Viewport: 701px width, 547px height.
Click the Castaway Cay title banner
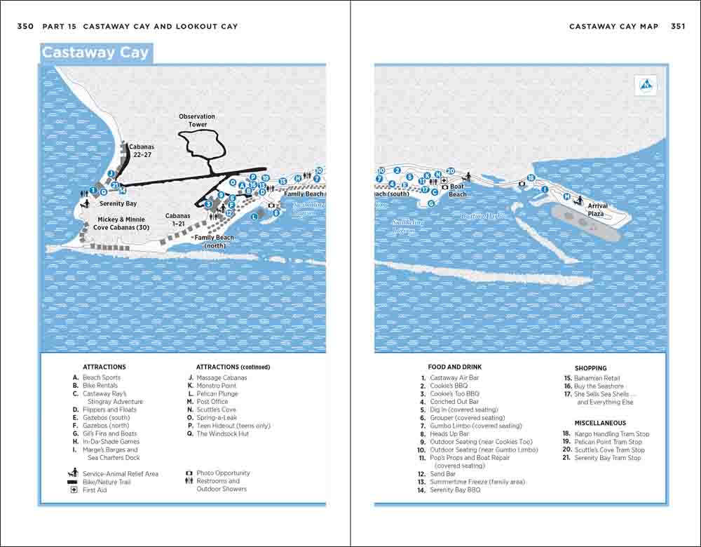(x=95, y=53)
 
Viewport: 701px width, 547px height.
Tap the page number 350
(x=25, y=27)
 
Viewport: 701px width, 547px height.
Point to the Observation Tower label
(x=197, y=121)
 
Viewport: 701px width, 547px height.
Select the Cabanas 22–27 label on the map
(x=141, y=151)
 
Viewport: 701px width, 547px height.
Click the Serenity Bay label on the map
(x=118, y=204)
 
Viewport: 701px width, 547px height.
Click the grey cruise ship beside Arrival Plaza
(x=587, y=223)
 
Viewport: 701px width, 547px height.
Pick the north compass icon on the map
(x=646, y=86)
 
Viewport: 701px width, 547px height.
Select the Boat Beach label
(x=457, y=191)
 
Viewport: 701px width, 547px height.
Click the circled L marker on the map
(x=254, y=217)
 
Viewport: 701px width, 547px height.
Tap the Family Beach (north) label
(x=215, y=241)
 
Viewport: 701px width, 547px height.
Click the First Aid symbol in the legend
(x=74, y=489)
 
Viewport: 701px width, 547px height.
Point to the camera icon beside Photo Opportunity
(x=189, y=473)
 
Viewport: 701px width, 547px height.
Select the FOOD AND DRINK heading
(x=455, y=367)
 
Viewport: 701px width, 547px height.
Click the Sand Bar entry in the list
(x=442, y=474)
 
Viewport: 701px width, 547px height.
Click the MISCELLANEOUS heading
(x=600, y=423)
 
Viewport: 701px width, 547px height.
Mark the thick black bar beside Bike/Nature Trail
(x=72, y=482)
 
